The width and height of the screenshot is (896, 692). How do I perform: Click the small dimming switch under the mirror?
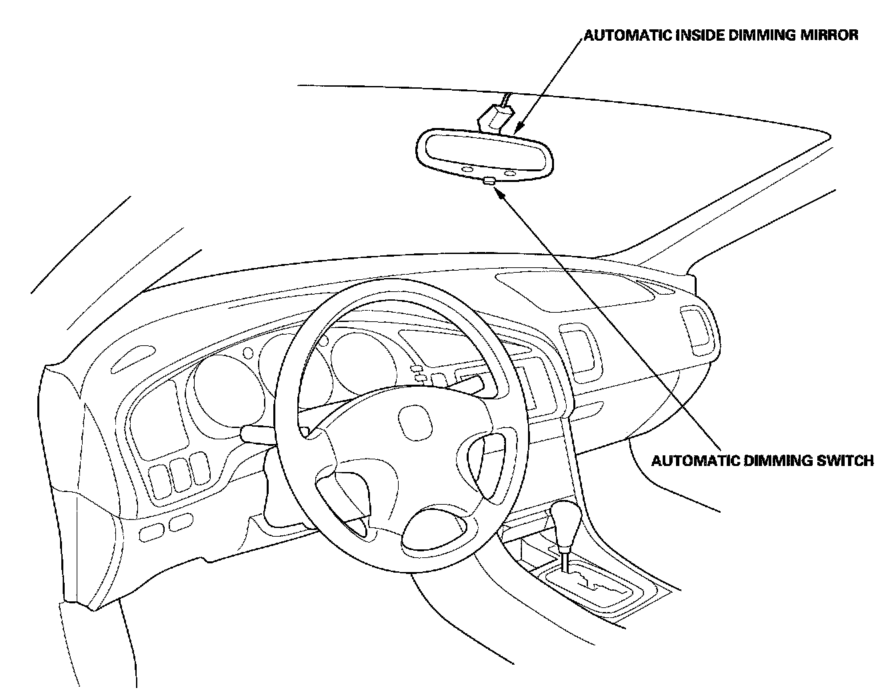point(489,181)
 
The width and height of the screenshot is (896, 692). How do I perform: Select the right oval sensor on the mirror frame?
point(511,173)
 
